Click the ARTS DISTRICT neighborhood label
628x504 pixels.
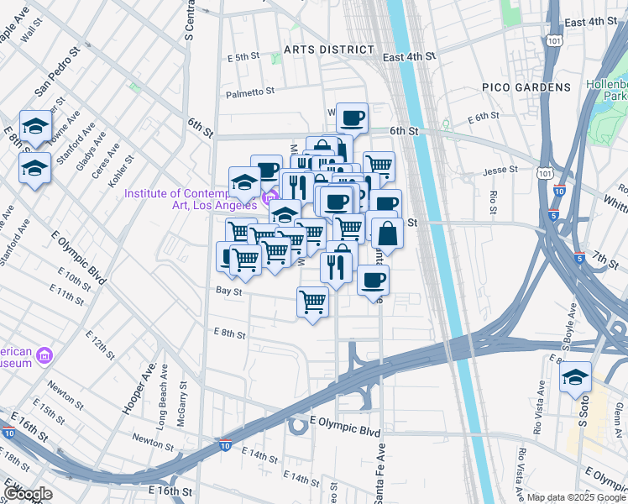(x=328, y=50)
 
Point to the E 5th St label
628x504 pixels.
(x=244, y=57)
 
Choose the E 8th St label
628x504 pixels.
(x=229, y=333)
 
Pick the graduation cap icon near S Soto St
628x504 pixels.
(x=575, y=378)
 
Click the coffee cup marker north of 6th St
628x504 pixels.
(x=353, y=118)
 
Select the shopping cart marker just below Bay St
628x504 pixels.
(x=313, y=302)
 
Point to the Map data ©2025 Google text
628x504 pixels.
(x=575, y=497)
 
